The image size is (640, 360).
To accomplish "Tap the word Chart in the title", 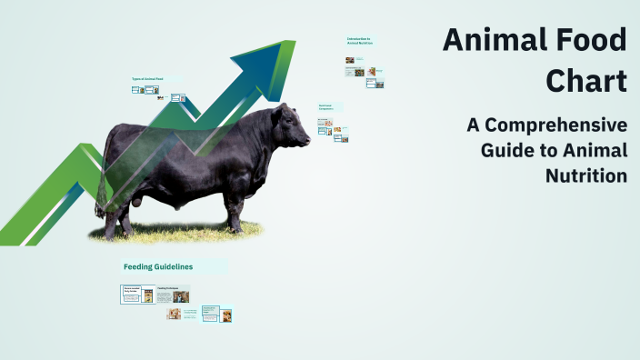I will click(x=586, y=80).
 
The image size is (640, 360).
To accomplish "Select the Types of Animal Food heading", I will click(x=147, y=79).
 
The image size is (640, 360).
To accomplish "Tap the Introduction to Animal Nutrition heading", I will click(x=361, y=41).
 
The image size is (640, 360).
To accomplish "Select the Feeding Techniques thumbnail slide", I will click(x=173, y=295).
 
